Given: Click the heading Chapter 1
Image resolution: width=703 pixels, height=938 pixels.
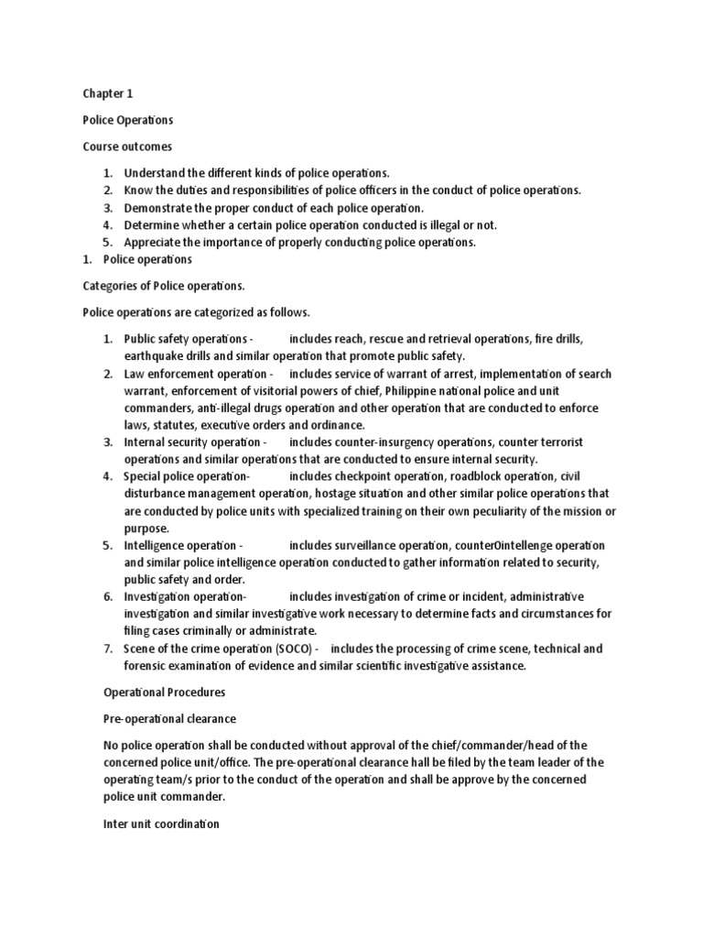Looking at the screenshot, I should point(108,93).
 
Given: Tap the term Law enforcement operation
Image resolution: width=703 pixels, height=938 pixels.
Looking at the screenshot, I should point(195,374).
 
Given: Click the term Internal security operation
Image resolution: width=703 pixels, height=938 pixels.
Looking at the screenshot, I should point(195,442).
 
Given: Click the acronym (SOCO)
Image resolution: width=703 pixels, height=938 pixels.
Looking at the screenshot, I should point(297,649).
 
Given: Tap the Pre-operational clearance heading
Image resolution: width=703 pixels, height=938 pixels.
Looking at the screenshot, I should point(169,719).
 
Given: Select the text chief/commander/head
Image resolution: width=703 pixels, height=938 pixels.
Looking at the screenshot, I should point(497,746).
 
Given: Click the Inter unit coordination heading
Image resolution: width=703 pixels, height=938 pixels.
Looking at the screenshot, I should point(160,823).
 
